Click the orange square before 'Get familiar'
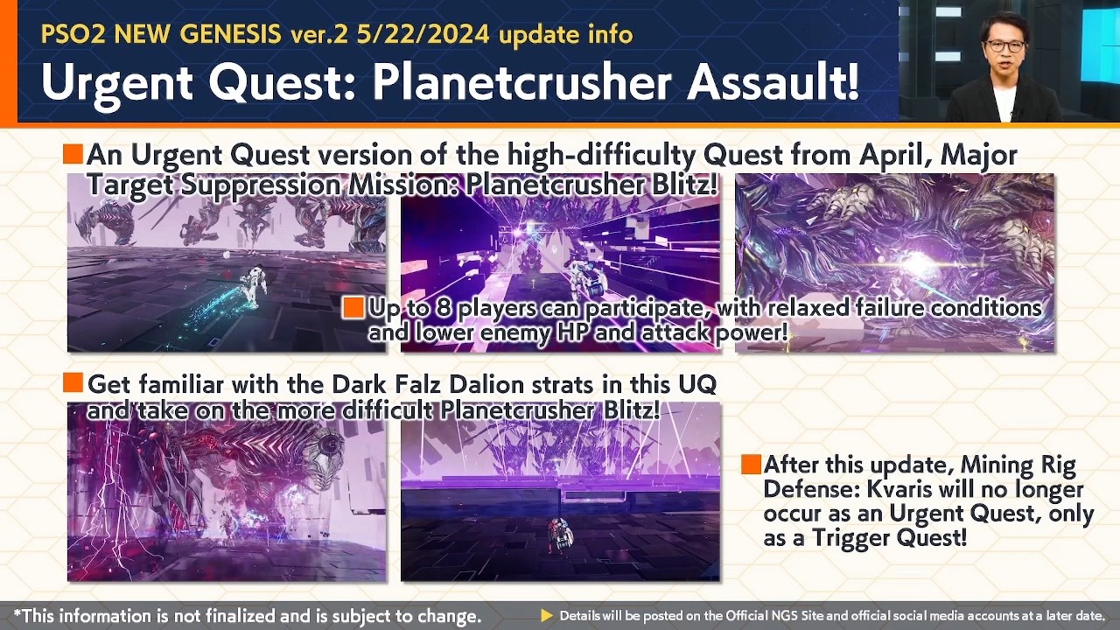click(73, 382)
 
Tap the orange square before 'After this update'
click(750, 465)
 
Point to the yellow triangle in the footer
click(547, 616)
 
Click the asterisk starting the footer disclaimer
click(17, 614)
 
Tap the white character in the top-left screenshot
click(250, 282)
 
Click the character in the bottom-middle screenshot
click(558, 535)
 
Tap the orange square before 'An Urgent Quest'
click(73, 155)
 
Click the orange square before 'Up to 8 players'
click(353, 308)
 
